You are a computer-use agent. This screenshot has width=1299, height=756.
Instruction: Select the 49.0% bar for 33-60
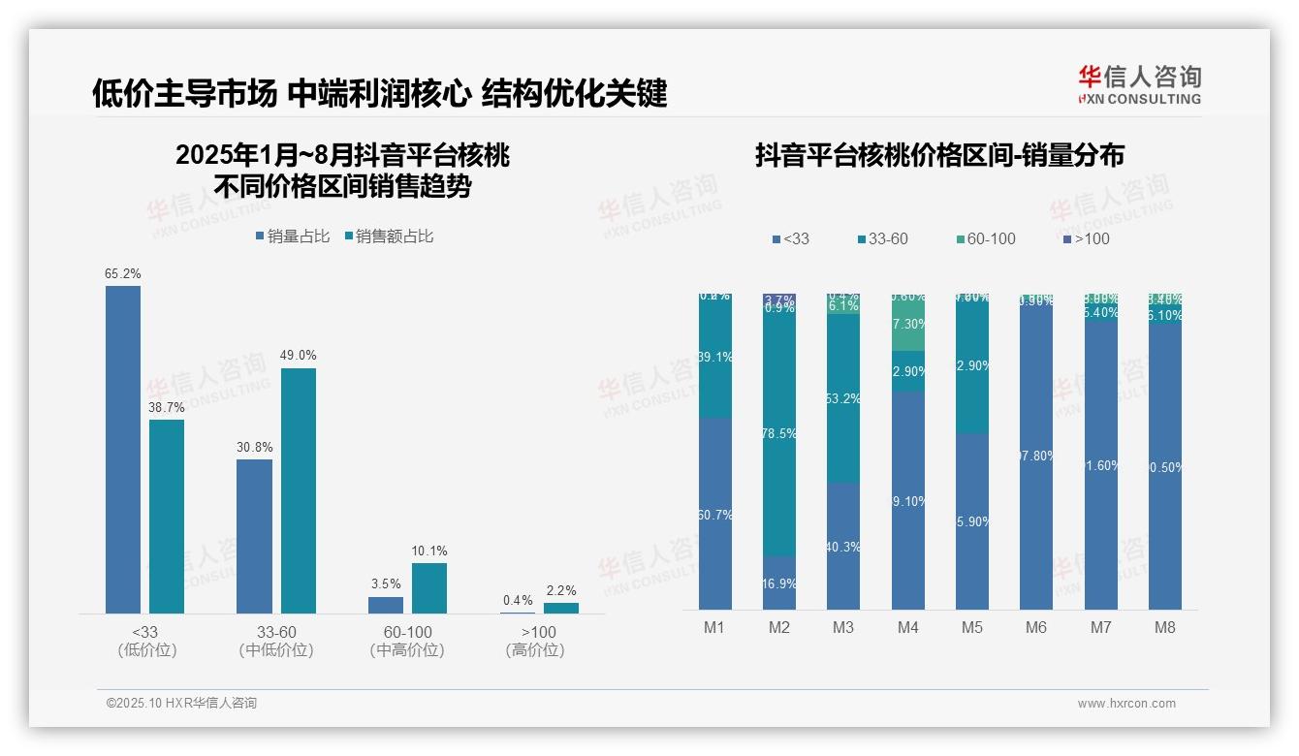point(299,490)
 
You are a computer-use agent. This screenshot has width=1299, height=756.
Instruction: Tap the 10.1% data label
point(429,551)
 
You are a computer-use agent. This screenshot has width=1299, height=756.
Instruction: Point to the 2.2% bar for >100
point(560,608)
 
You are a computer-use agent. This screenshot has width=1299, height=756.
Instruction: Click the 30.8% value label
point(254,447)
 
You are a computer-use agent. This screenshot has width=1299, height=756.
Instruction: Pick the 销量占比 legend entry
point(293,236)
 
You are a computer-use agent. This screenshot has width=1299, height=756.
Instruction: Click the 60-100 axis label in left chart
point(407,632)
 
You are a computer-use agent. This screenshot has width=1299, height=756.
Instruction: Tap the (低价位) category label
point(147,650)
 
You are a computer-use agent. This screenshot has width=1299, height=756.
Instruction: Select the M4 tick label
point(907,627)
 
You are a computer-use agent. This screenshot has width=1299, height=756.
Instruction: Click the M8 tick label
point(1164,627)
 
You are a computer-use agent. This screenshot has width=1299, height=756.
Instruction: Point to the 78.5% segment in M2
point(778,433)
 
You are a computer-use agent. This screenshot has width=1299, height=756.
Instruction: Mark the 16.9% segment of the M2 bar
point(778,583)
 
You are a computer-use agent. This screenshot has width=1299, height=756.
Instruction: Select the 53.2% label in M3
point(843,398)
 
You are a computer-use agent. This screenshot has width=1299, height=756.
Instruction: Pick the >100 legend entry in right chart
point(1086,238)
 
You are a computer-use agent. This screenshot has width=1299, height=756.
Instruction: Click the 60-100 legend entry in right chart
point(985,238)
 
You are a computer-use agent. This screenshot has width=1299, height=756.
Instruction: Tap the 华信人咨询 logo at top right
point(1139,84)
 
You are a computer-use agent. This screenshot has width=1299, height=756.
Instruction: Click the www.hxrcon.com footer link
point(1125,704)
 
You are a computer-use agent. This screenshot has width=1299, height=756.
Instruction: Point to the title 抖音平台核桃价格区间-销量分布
point(939,156)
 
